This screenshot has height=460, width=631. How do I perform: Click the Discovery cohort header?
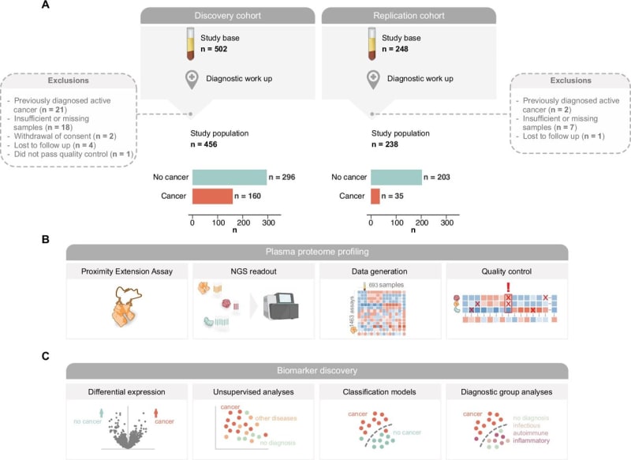click(x=229, y=16)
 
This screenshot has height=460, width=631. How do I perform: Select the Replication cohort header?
click(x=409, y=16)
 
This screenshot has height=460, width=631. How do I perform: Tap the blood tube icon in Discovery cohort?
click(x=189, y=44)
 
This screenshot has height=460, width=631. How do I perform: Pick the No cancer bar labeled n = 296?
click(x=229, y=178)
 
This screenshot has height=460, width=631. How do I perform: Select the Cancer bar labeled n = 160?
click(x=211, y=196)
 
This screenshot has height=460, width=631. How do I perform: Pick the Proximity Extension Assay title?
click(x=127, y=271)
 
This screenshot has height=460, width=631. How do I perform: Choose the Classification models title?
click(x=379, y=391)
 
